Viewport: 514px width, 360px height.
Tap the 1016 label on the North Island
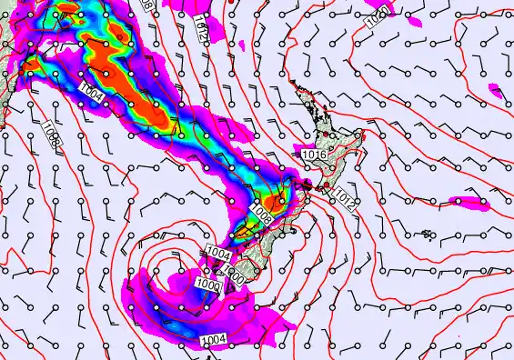(x=313, y=155)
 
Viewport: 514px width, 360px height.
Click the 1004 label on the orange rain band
(x=90, y=89)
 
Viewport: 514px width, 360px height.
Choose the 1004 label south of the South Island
(x=212, y=340)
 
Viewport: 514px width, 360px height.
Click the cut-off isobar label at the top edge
(x=148, y=5)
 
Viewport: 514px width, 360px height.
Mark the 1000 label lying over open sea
(x=208, y=285)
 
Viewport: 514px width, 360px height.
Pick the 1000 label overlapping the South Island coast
(x=234, y=272)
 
